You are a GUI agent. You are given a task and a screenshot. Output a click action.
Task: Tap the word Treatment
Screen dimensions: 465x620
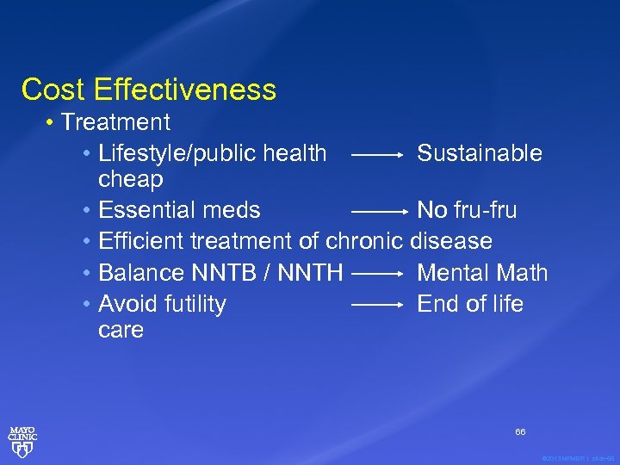pos(115,122)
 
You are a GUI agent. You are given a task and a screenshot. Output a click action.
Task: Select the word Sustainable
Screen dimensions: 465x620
pos(480,153)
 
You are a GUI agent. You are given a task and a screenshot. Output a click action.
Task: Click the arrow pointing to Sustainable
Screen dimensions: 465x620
pos(378,156)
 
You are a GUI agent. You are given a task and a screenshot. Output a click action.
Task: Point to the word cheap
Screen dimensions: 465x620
pos(131,179)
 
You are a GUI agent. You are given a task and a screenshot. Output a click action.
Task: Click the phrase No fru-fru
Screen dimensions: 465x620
pos(467,209)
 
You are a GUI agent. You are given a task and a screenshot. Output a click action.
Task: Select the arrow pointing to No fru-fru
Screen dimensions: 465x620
pos(378,211)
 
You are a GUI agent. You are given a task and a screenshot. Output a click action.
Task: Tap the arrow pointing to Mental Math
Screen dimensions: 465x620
pos(378,274)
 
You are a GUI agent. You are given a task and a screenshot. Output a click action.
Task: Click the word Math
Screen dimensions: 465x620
pos(520,273)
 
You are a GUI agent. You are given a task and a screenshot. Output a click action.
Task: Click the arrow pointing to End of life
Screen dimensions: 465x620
pos(378,305)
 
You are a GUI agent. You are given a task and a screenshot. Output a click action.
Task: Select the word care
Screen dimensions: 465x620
pos(121,330)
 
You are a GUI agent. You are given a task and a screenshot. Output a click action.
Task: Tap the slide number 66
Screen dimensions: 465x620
pos(520,431)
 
